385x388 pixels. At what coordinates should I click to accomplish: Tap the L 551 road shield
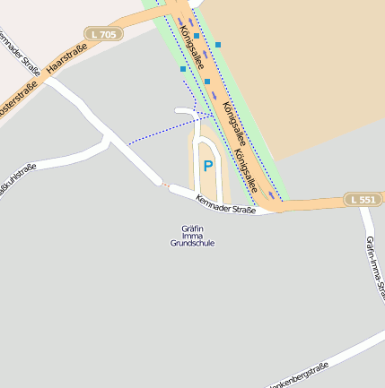pyautogui.click(x=363, y=199)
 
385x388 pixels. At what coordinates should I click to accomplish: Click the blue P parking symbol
pyautogui.click(x=208, y=166)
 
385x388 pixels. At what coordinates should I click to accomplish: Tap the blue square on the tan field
pyautogui.click(x=217, y=44)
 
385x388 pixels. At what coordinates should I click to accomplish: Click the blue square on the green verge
pyautogui.click(x=183, y=69)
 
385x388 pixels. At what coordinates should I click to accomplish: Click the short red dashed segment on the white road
pyautogui.click(x=162, y=184)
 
